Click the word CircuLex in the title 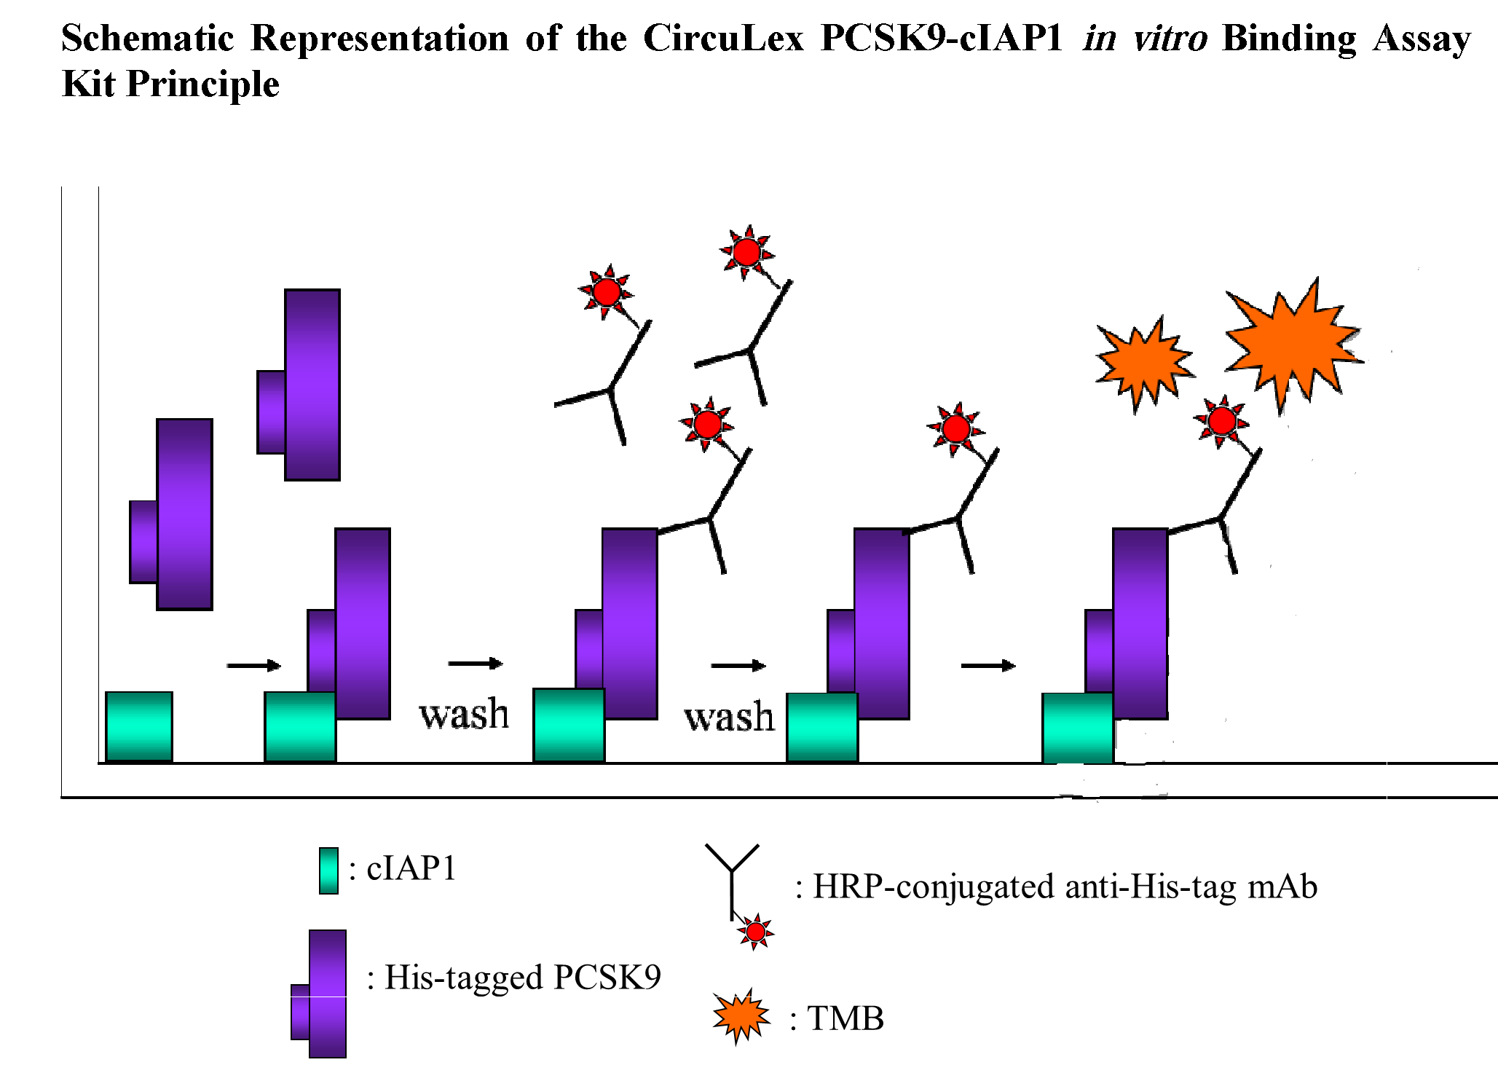click(x=723, y=38)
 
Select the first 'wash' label click(x=464, y=714)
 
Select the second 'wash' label click(x=729, y=717)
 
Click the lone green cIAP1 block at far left click(x=139, y=726)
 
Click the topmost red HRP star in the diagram click(x=746, y=252)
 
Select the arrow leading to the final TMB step click(x=988, y=665)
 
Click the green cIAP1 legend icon click(x=328, y=870)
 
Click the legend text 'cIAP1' click(x=411, y=868)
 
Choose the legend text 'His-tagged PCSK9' click(x=522, y=978)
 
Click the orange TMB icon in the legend click(x=741, y=1015)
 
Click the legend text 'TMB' click(x=845, y=1018)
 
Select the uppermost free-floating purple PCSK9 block click(x=311, y=385)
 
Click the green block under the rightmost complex click(x=1077, y=727)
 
